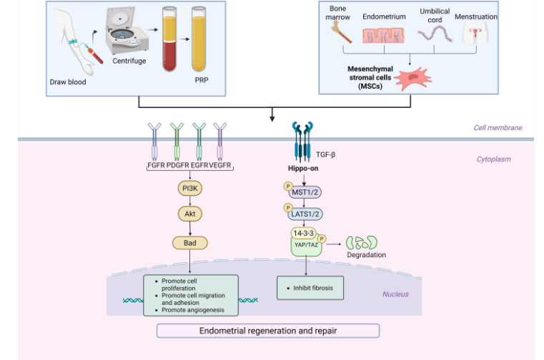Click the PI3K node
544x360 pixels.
pos(189,189)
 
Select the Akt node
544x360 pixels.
pos(189,214)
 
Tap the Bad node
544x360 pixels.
pos(189,243)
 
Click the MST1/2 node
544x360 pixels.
pos(305,192)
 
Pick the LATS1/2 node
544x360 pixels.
pos(305,214)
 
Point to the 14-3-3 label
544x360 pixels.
pos(304,233)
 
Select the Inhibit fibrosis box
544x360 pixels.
pos(310,288)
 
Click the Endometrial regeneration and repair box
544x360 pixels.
pos(268,331)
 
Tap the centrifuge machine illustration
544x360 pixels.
pos(127,31)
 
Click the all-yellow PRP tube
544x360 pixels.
pos(199,39)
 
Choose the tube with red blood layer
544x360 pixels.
pos(169,39)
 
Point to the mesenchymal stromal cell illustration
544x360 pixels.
pos(413,79)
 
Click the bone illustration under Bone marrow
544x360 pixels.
pos(342,32)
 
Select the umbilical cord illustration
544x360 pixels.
pos(435,34)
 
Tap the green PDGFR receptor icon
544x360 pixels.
pos(177,141)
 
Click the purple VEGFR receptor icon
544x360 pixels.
pos(220,141)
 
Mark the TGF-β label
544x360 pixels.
pos(325,154)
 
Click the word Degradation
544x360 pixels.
pos(367,254)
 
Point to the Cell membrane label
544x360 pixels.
pos(498,128)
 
